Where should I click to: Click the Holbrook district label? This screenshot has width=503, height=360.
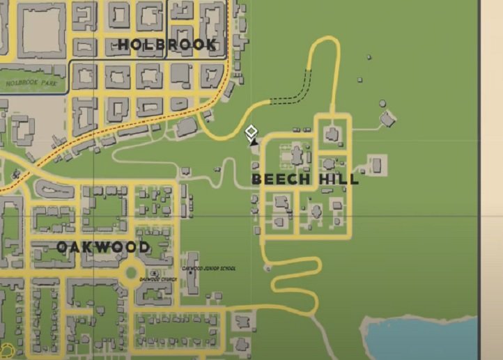pyautogui.click(x=167, y=45)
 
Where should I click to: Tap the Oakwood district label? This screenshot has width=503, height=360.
pyautogui.click(x=102, y=247)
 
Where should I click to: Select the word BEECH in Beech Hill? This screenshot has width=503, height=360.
pyautogui.click(x=281, y=180)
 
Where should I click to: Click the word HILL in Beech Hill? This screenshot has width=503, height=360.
pyautogui.click(x=336, y=180)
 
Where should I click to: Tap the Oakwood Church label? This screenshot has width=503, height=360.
pyautogui.click(x=158, y=280)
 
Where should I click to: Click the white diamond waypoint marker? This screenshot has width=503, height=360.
pyautogui.click(x=251, y=130)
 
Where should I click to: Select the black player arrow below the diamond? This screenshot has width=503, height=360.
pyautogui.click(x=254, y=141)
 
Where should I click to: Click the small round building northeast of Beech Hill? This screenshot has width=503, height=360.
pyautogui.click(x=382, y=104)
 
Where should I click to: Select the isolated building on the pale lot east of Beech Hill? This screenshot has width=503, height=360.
pyautogui.click(x=376, y=166)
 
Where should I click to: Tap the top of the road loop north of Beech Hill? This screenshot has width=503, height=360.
pyautogui.click(x=325, y=39)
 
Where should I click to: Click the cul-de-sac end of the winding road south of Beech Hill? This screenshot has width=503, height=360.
pyautogui.click(x=266, y=268)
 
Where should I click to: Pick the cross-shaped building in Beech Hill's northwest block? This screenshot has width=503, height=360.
pyautogui.click(x=297, y=155)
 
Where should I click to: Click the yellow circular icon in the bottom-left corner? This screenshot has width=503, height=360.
pyautogui.click(x=8, y=350)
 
